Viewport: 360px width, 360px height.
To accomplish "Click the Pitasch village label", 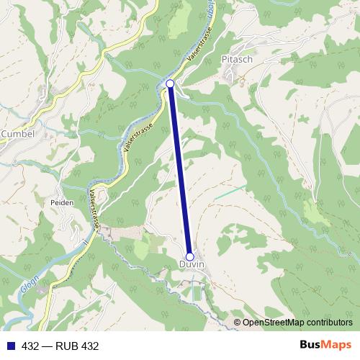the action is pyautogui.click(x=237, y=59).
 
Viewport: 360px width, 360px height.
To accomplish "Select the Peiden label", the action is pyautogui.click(x=62, y=203).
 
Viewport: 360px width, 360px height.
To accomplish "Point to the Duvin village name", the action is pyautogui.click(x=192, y=265).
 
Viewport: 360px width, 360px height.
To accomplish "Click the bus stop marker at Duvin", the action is pyautogui.click(x=190, y=256).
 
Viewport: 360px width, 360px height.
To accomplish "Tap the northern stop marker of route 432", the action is pyautogui.click(x=170, y=84).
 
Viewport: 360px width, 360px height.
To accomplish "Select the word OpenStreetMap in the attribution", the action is pyautogui.click(x=274, y=323).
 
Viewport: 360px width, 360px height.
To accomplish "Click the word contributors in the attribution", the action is pyautogui.click(x=329, y=323).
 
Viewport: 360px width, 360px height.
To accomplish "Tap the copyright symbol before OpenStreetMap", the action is pyautogui.click(x=238, y=323).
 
